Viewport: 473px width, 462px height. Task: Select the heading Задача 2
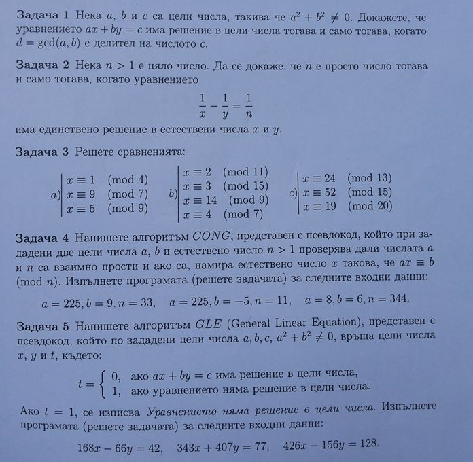pos(43,69)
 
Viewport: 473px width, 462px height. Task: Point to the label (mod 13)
pos(370,179)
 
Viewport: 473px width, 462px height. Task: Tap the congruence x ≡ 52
pos(320,192)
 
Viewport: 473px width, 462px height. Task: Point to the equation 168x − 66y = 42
pos(123,447)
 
